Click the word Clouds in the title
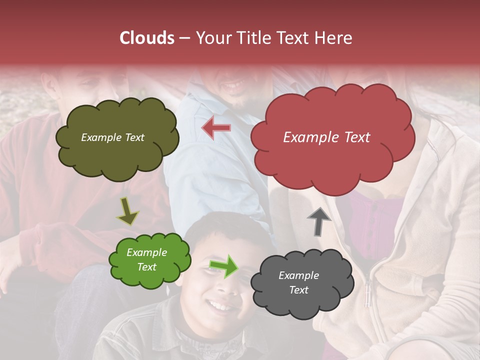coord(147,38)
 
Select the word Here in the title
coord(333,38)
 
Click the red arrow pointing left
coord(216,128)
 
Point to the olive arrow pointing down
coord(128,211)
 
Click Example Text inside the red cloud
coord(326,137)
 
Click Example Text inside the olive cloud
coord(112,137)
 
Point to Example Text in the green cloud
coord(147,259)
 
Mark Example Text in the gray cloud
coord(298,282)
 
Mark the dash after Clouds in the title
coord(184,38)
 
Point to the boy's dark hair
coord(220,225)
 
